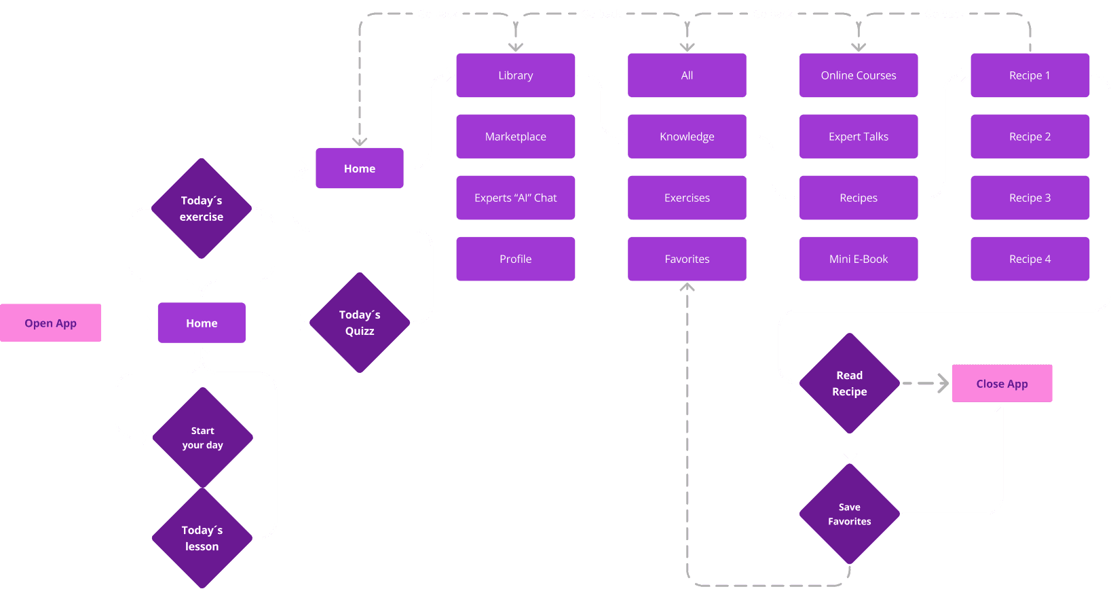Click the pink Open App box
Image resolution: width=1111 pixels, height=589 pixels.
coord(51,323)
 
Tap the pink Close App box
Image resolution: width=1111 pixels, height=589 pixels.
coord(1002,383)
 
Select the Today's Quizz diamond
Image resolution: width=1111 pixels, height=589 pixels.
coord(360,323)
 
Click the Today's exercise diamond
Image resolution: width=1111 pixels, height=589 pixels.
coord(202,209)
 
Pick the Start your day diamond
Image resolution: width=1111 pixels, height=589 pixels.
coord(202,438)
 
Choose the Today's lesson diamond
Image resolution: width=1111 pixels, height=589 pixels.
coord(202,537)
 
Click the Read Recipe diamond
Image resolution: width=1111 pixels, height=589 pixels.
coord(849,383)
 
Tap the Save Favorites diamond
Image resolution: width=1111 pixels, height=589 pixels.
coord(849,514)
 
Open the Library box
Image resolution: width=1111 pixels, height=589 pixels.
coord(515,75)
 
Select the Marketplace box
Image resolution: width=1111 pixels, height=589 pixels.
coord(515,137)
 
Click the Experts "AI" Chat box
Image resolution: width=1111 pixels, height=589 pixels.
coord(515,198)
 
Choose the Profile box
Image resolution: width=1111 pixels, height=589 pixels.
coord(515,259)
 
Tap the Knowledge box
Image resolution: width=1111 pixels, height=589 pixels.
coord(687,137)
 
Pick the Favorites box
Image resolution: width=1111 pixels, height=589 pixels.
coord(687,259)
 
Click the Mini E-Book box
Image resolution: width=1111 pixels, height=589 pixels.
coord(859,259)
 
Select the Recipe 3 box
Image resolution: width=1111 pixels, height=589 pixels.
coord(1030,198)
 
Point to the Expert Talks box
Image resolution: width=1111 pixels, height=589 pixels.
coord(859,137)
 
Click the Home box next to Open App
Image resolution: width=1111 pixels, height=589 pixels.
coord(202,323)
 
